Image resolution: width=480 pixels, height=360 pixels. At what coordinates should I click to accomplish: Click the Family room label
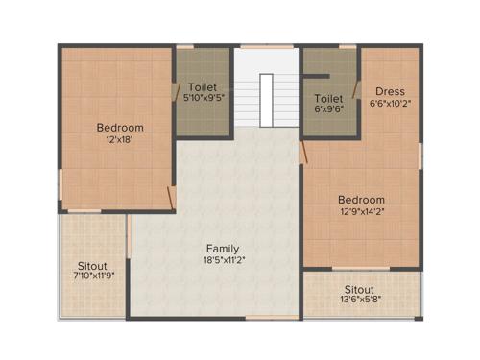(x=223, y=248)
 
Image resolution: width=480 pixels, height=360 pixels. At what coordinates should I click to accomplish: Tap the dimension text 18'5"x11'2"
(x=223, y=259)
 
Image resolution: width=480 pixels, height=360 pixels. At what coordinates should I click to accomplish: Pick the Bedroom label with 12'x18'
(x=120, y=128)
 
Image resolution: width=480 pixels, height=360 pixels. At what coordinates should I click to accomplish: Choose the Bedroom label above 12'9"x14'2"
(x=361, y=200)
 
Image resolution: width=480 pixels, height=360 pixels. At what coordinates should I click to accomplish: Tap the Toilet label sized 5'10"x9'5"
(x=203, y=85)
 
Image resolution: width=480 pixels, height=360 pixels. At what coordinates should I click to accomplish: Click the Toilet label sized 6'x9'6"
(x=329, y=97)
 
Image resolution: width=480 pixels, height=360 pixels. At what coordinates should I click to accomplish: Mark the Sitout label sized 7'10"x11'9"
(x=93, y=265)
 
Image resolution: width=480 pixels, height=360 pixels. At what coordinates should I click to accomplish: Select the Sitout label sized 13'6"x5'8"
(x=359, y=289)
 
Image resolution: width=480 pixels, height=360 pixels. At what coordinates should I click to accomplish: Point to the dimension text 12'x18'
(x=120, y=139)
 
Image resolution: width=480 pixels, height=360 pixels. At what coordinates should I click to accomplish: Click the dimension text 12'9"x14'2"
(x=361, y=211)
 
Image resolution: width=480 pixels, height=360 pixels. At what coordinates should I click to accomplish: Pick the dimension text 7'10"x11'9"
(x=93, y=277)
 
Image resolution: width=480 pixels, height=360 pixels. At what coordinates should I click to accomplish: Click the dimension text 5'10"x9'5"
(x=203, y=97)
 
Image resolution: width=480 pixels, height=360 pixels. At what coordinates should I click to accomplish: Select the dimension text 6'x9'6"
(x=329, y=108)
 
